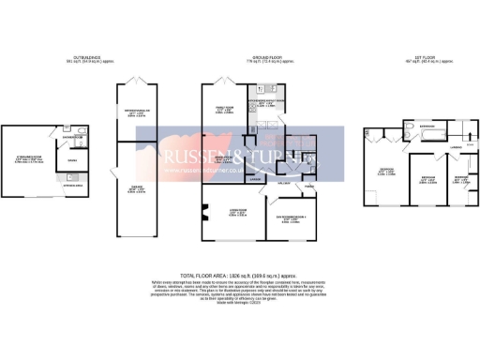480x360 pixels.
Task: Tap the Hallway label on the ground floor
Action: (x=281, y=185)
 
